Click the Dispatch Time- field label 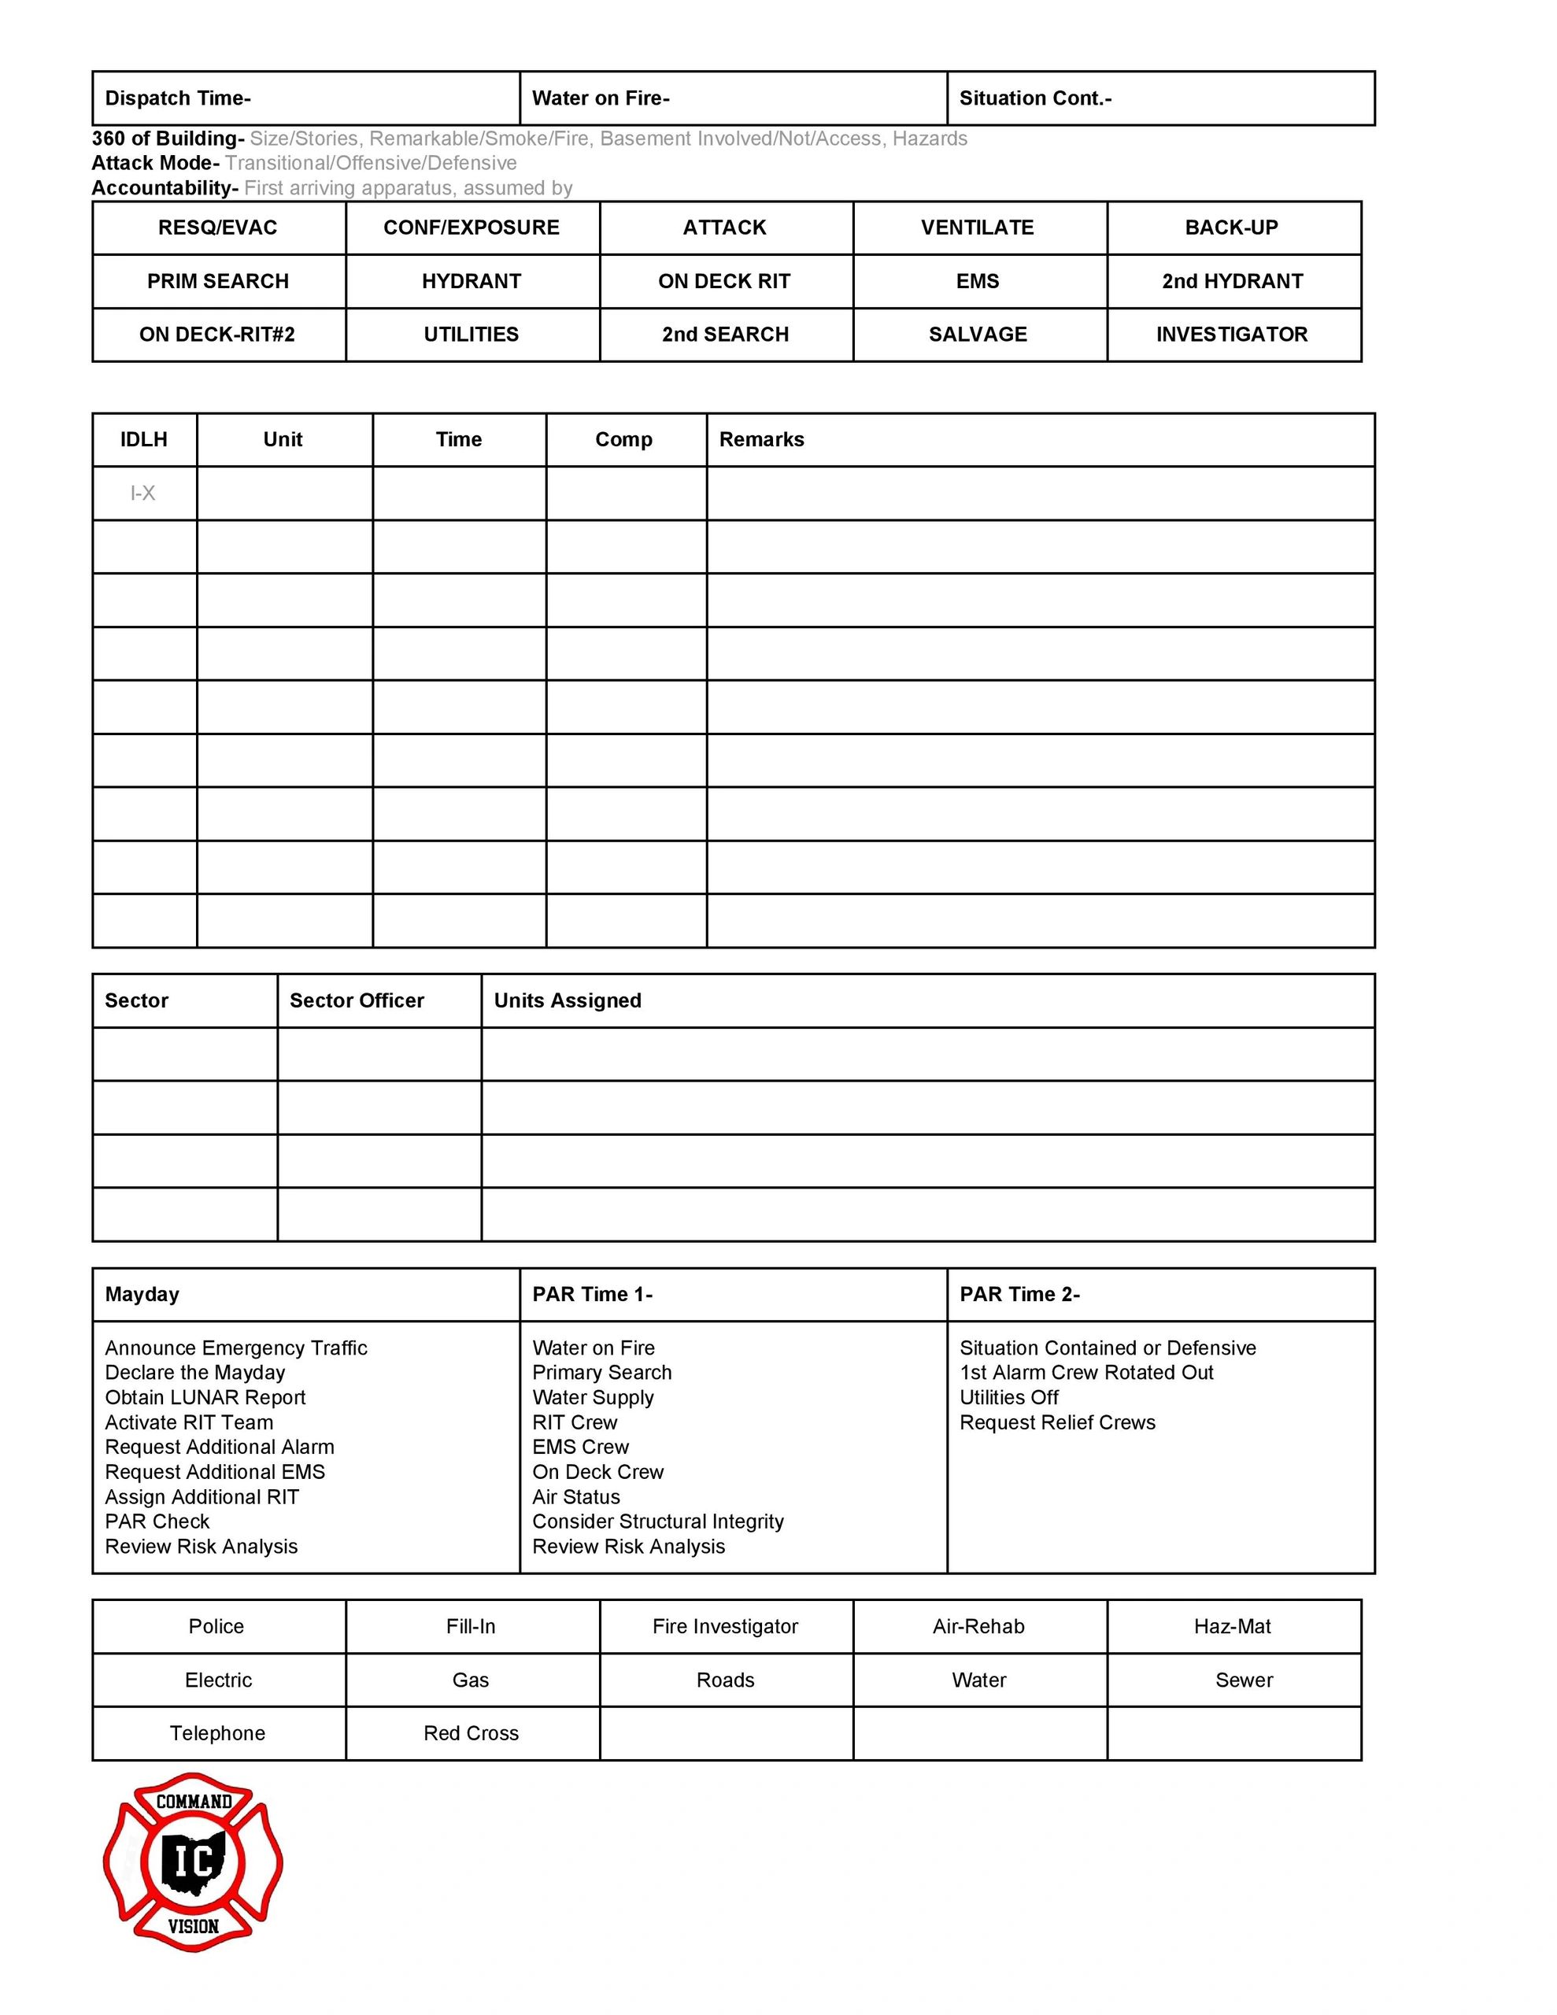coord(177,98)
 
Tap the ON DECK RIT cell coord(724,282)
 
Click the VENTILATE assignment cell coord(978,228)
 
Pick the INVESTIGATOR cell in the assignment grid coord(1232,335)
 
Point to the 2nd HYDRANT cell coord(1232,282)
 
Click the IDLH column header coord(144,440)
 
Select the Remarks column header coord(761,440)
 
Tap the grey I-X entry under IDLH coord(143,494)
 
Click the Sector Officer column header coord(357,1001)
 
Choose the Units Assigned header coord(568,1001)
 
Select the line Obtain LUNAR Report coord(205,1398)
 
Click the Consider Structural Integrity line coord(658,1521)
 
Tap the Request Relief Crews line coord(1057,1422)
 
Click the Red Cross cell coord(471,1733)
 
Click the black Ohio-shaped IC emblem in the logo coord(193,1862)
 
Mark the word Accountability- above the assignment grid coord(165,188)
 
